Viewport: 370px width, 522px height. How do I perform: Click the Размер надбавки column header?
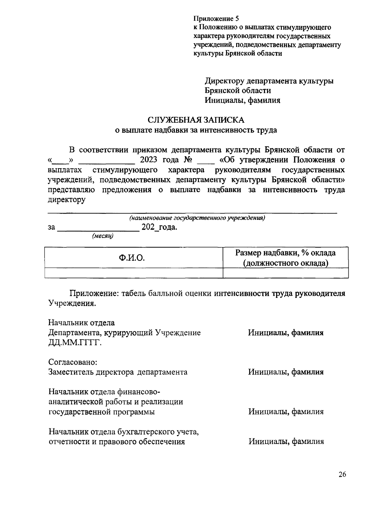pos(286,258)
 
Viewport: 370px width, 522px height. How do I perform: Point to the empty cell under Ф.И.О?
pos(134,273)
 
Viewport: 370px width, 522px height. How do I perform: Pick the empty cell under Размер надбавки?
pos(286,273)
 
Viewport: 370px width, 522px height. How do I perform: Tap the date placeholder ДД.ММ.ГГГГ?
pos(75,343)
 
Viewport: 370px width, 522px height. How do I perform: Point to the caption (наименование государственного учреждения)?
pos(197,218)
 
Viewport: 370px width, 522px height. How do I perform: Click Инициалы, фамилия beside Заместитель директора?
pos(286,372)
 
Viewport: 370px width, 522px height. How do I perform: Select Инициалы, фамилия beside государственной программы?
pos(286,411)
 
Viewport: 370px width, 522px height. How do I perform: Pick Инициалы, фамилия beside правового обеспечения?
pos(286,441)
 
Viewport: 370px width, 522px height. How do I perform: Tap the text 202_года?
pos(159,228)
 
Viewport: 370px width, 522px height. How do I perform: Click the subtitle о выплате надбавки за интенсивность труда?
pos(196,130)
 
